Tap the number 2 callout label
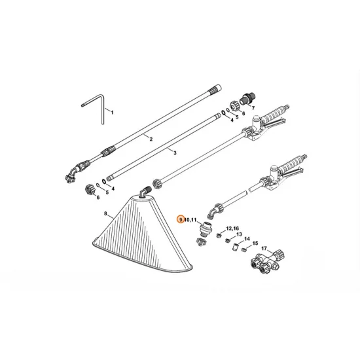click(151, 139)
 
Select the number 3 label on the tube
click(175, 152)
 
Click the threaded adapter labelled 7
click(247, 100)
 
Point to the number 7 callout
click(253, 107)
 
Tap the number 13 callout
click(239, 234)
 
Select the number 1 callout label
click(112, 113)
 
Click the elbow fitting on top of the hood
click(145, 190)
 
